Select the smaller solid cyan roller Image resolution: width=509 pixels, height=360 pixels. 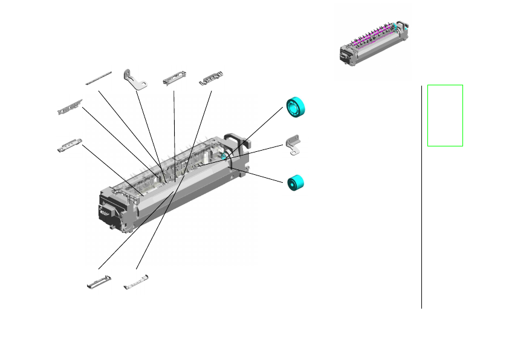[296, 183]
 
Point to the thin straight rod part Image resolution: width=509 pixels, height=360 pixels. [99, 78]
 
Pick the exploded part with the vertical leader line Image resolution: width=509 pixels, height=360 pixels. [173, 79]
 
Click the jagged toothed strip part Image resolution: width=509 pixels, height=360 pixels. [70, 108]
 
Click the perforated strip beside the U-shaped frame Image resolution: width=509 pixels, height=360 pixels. [135, 281]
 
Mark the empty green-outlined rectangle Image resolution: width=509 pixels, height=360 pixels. [445, 115]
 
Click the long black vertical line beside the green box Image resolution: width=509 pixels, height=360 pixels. [421, 200]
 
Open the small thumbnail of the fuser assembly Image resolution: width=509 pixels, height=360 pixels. [373, 44]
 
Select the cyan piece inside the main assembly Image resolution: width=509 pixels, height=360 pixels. [224, 157]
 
